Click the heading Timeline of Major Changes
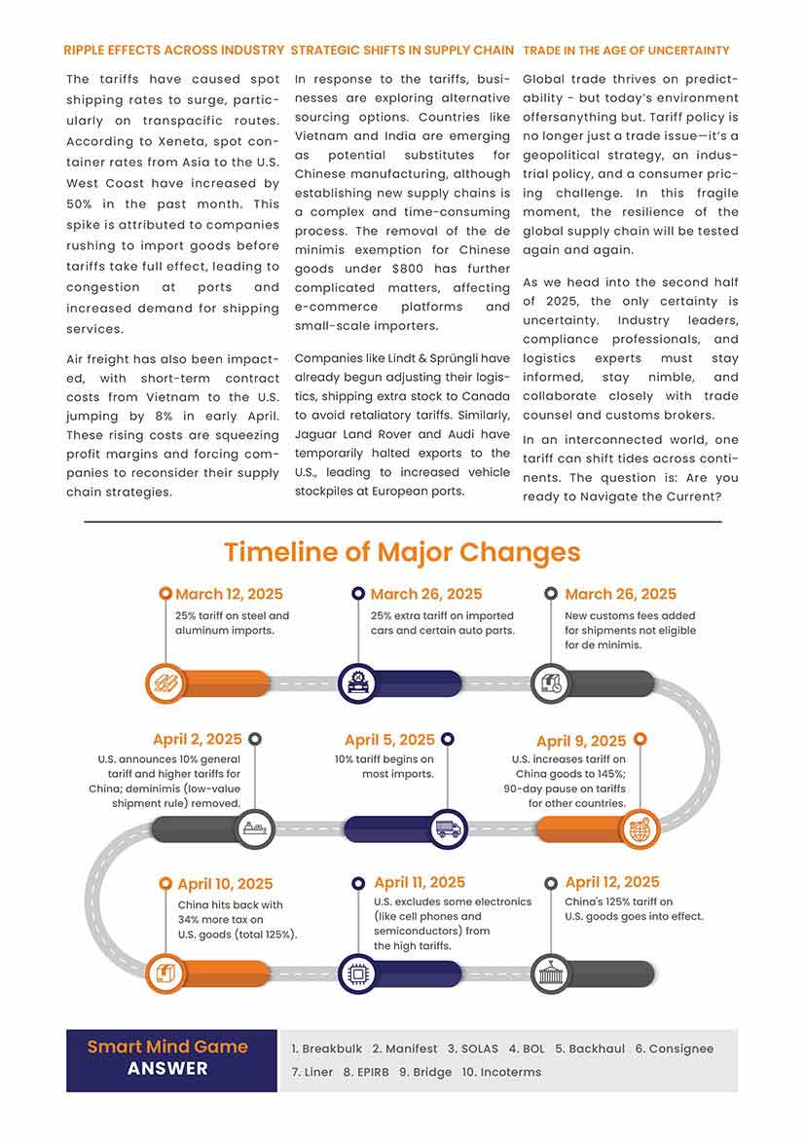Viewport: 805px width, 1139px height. click(402, 552)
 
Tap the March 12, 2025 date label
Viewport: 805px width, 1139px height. click(229, 594)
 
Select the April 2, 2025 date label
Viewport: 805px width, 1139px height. click(198, 740)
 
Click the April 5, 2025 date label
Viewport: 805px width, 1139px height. click(389, 741)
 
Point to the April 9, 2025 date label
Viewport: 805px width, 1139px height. click(581, 742)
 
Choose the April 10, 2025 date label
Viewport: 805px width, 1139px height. click(225, 884)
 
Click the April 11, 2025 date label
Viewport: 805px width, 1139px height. click(420, 883)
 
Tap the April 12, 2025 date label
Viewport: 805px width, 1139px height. click(612, 883)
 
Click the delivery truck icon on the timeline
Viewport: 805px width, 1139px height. click(448, 829)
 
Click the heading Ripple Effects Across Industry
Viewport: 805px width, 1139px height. click(173, 50)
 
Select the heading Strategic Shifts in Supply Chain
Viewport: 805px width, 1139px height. click(402, 50)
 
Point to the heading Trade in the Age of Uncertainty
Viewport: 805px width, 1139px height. click(626, 50)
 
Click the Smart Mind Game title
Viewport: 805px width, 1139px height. click(167, 1047)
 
